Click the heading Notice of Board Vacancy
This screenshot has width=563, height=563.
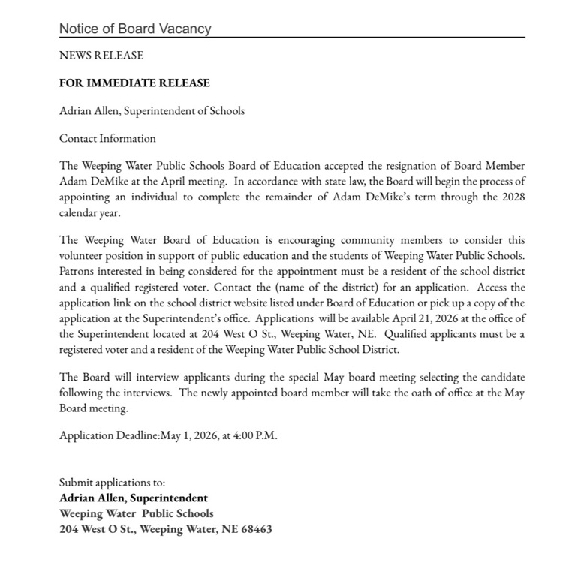(135, 29)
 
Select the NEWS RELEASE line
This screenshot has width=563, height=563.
(101, 56)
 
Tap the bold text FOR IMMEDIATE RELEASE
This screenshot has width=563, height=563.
(134, 83)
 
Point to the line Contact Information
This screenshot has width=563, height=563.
(107, 138)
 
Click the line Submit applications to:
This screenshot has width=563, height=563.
(112, 483)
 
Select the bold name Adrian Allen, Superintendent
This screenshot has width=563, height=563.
(133, 498)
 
